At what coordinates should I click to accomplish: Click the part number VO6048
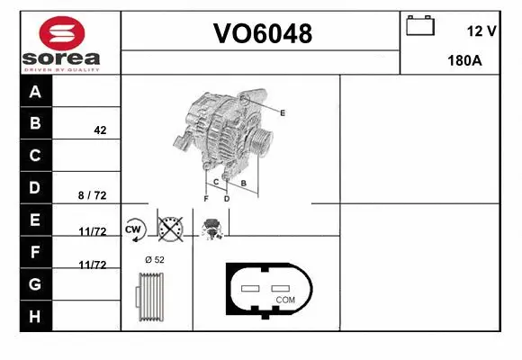click(262, 34)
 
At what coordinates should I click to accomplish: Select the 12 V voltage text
click(482, 31)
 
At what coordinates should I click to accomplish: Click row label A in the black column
click(35, 92)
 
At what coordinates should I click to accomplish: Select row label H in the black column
click(35, 316)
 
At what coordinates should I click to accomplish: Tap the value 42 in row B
click(100, 130)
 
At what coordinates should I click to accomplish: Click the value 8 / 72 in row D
click(92, 194)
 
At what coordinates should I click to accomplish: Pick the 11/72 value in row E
click(92, 231)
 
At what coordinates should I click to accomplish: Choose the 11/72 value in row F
click(92, 265)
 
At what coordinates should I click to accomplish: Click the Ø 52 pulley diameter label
click(155, 260)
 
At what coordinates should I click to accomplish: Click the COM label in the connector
click(285, 299)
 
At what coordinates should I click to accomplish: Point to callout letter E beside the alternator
click(283, 112)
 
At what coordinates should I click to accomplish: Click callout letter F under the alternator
click(206, 198)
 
